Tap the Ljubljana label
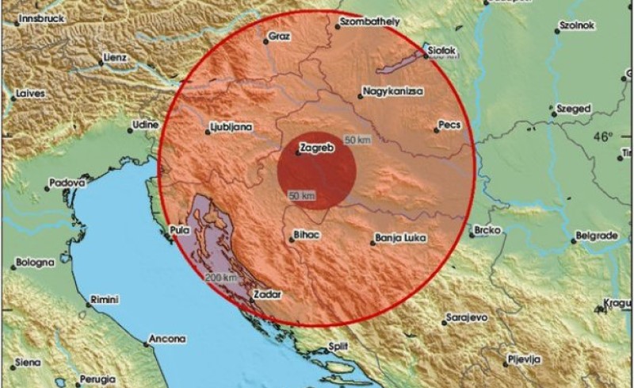click(x=231, y=126)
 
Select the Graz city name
click(x=281, y=36)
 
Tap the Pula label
click(x=180, y=232)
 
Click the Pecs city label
click(x=449, y=126)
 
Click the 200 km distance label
click(x=220, y=278)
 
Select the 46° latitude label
click(x=602, y=136)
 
